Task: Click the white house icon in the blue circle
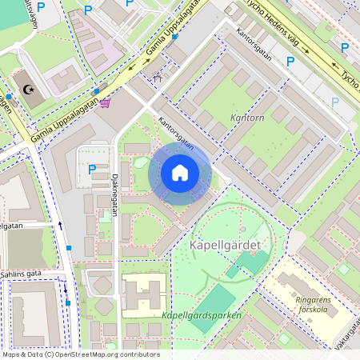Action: click(x=180, y=173)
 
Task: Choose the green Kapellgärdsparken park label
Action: click(x=201, y=314)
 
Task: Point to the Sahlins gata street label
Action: click(x=22, y=274)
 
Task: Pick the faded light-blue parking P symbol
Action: click(x=335, y=102)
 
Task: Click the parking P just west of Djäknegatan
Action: click(x=92, y=169)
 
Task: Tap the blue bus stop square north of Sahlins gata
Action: click(x=69, y=248)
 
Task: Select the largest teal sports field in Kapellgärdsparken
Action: click(x=253, y=262)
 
